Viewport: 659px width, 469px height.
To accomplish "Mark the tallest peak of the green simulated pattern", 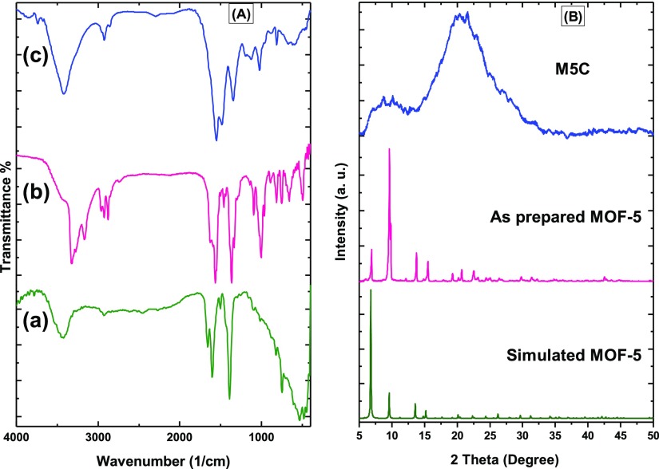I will click(x=371, y=290).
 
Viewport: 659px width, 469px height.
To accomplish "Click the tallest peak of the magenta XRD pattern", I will click(x=389, y=149).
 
